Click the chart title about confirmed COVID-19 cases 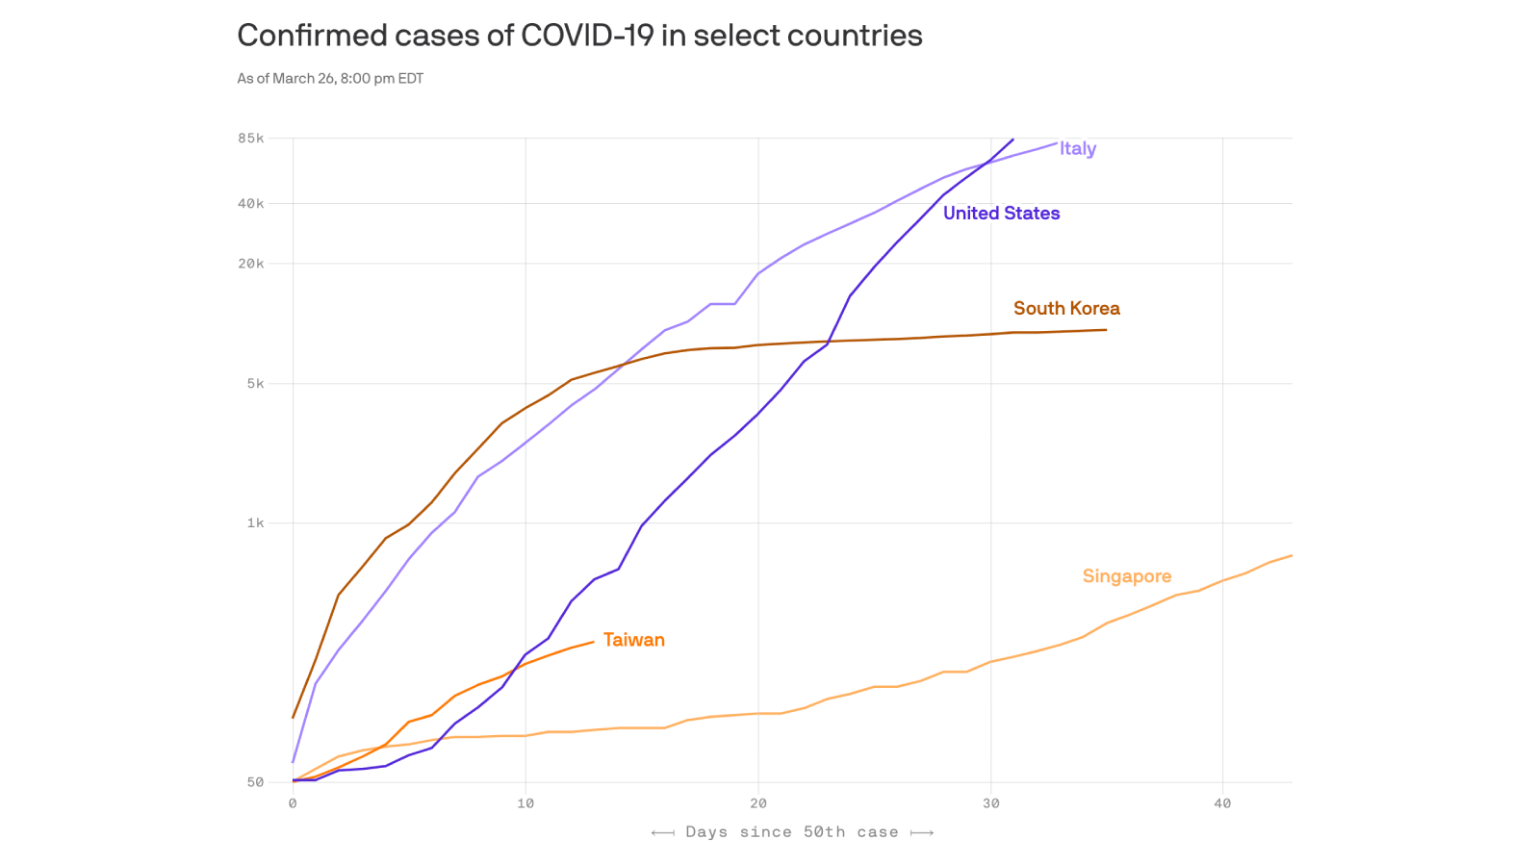pos(579,36)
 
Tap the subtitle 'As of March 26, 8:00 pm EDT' pos(330,79)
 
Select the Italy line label pos(1078,148)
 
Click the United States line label pos(1001,214)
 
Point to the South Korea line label pos(1066,309)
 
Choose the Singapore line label pos(1126,576)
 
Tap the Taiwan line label pos(633,640)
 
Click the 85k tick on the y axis pos(251,139)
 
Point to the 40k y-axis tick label pos(251,204)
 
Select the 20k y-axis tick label pos(251,264)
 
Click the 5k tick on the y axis pos(255,384)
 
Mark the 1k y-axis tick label pos(255,523)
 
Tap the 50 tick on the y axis pos(255,782)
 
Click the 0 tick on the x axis pos(293,803)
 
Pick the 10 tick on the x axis pos(525,803)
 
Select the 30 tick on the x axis pos(990,803)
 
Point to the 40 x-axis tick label pos(1222,803)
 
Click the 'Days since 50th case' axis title pos(792,832)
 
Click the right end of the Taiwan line pos(594,642)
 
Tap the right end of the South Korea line pos(1106,330)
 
